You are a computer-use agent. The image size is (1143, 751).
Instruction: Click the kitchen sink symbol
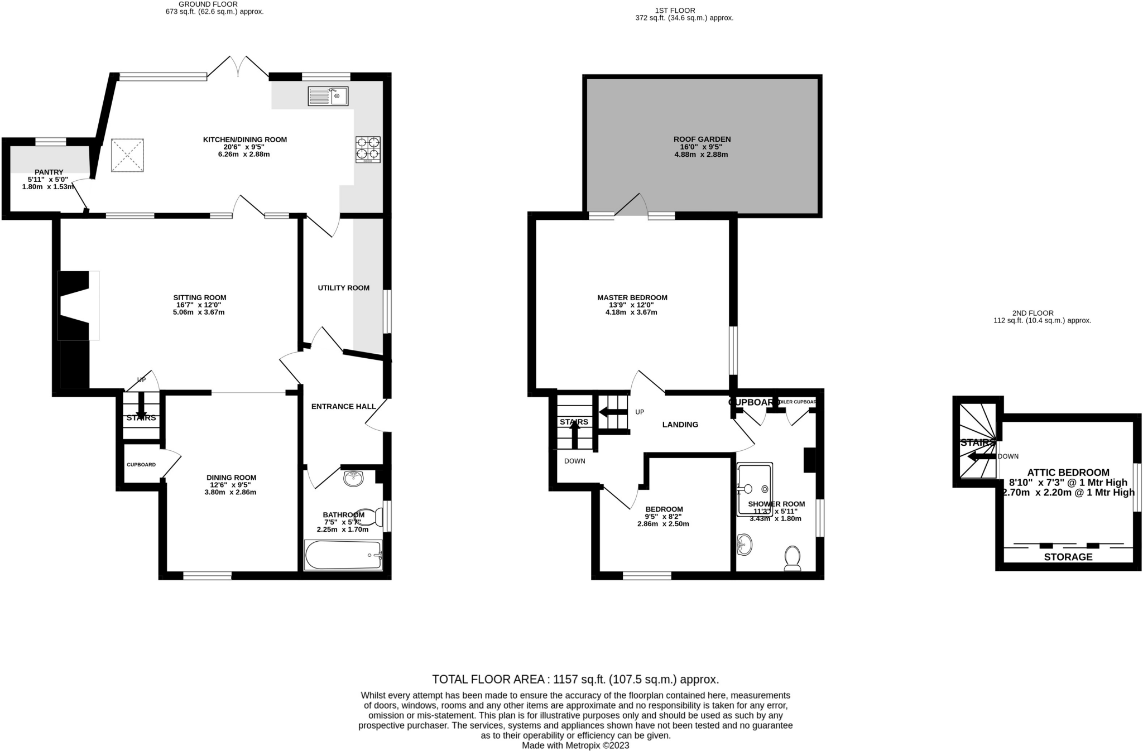point(328,97)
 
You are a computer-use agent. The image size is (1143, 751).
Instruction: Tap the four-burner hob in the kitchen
point(368,150)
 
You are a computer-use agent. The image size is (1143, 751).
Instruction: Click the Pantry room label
point(49,172)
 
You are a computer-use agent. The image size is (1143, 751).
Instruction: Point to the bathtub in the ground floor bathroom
point(343,555)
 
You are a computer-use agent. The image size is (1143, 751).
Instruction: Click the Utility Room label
point(343,288)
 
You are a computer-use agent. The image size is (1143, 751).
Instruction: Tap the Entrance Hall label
point(343,406)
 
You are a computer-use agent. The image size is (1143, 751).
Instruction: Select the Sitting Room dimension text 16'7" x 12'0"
point(199,305)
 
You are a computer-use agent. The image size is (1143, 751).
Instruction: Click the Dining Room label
point(231,478)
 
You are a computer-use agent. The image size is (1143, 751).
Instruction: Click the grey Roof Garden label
point(702,139)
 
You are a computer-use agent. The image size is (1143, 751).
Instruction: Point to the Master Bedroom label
point(632,298)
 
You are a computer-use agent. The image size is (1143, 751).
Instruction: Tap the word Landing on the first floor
point(680,425)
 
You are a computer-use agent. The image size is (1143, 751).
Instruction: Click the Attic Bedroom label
point(1068,473)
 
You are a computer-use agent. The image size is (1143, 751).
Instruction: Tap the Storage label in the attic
point(1068,557)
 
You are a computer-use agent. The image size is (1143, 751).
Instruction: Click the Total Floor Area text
point(575,680)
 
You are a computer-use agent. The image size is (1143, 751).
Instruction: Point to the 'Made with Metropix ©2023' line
point(575,745)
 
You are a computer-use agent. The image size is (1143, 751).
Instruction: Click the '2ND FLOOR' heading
point(1032,313)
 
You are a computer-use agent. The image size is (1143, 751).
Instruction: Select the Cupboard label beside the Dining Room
point(141,465)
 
